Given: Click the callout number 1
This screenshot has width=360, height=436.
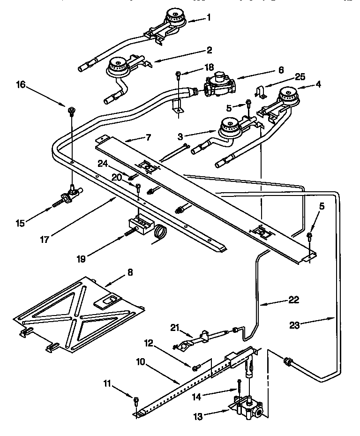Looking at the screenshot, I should (209, 18).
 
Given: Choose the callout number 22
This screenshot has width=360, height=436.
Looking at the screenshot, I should (293, 300).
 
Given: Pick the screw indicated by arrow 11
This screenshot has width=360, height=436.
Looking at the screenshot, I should (136, 399).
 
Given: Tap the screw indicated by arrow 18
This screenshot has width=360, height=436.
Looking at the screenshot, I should (178, 74).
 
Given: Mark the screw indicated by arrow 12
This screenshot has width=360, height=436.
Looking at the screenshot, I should (195, 366).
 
